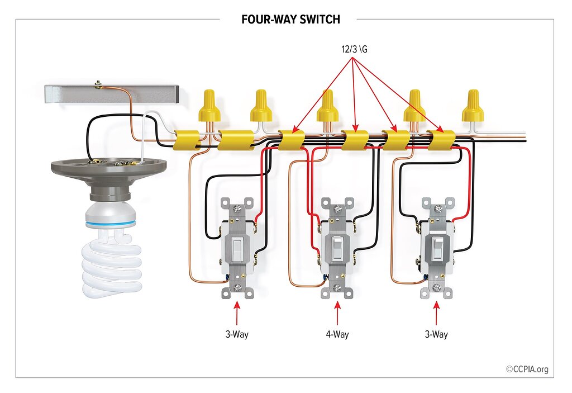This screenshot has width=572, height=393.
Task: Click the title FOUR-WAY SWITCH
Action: point(290,19)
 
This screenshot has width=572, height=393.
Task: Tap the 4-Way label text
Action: point(337,334)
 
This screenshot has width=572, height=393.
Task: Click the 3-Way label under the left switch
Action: point(237,334)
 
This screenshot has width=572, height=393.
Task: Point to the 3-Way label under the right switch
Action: point(436,334)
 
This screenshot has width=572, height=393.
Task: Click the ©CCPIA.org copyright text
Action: point(527,369)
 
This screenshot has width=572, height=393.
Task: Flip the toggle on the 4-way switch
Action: point(337,248)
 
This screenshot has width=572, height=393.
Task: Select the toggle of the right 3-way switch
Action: point(437,248)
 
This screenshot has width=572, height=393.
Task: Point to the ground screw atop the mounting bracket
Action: point(98,84)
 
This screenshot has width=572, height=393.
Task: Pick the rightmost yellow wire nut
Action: point(473,106)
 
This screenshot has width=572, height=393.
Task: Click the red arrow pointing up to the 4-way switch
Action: point(337,313)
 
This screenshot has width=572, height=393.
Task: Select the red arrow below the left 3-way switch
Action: point(237,313)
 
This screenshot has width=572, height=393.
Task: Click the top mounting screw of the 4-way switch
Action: point(337,209)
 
